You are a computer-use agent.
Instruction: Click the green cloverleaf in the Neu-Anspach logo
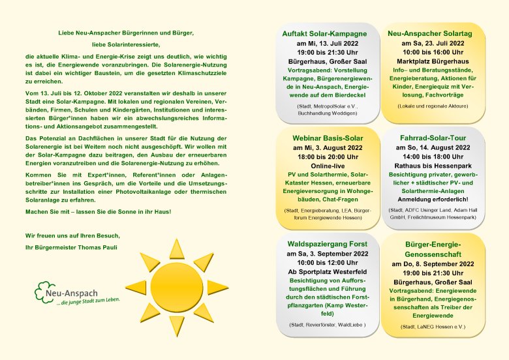click(x=44, y=291)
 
